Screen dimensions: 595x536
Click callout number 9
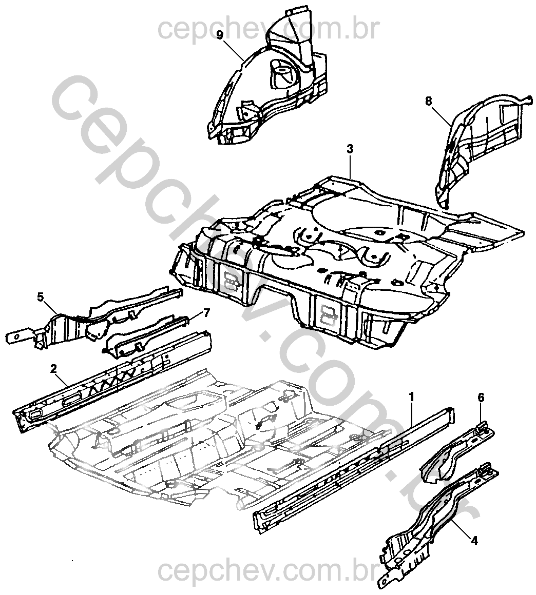tap(220, 35)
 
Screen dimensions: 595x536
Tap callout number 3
tap(350, 149)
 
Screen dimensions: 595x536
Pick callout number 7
tap(206, 312)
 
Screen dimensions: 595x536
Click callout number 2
tap(53, 368)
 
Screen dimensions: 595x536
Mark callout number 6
tap(481, 397)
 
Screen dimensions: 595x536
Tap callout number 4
tap(475, 540)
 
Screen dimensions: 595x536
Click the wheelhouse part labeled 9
tap(267, 87)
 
